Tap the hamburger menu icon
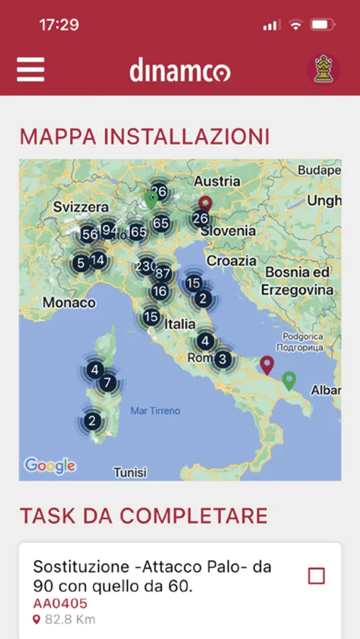point(31,69)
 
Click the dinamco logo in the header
point(180,70)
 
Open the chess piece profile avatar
point(323,69)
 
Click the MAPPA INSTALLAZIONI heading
point(144,136)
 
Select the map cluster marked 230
point(146,266)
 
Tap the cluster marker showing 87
point(163,273)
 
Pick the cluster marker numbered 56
point(89,235)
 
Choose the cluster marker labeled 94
point(109,230)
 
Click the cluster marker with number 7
point(107,383)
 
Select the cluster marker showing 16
point(160,291)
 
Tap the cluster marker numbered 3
point(222,359)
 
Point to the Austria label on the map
point(217,181)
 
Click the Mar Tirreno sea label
point(156,410)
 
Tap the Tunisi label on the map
point(129,472)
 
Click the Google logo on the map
point(50,466)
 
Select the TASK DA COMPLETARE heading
point(143,515)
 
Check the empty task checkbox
point(316,576)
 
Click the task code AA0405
point(60,603)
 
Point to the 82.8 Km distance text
point(70,619)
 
